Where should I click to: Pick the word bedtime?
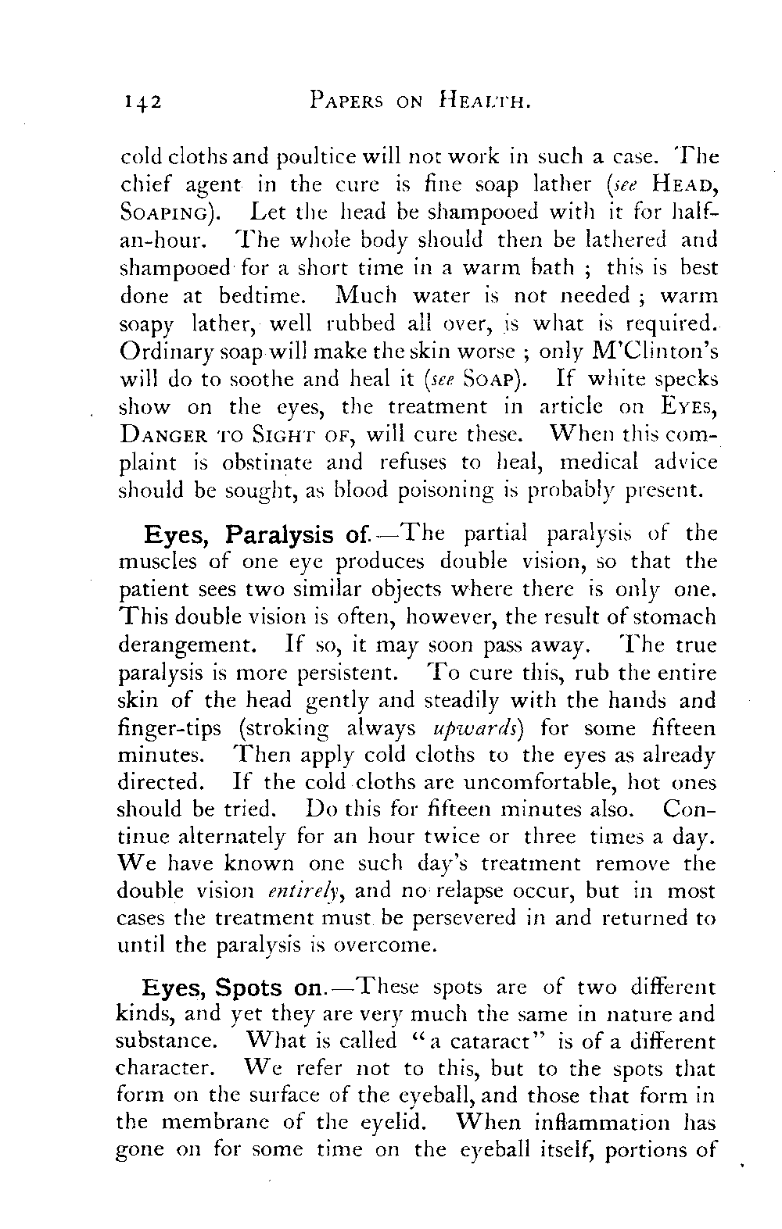pyautogui.click(x=254, y=295)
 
